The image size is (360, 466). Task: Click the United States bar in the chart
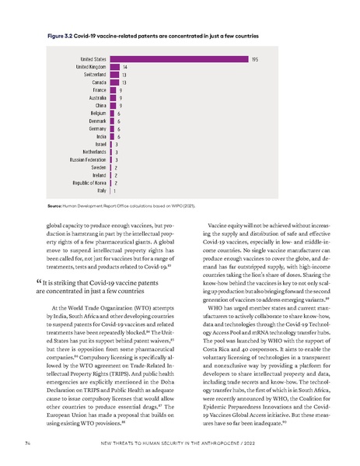tap(178, 59)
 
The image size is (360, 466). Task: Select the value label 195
tap(254, 59)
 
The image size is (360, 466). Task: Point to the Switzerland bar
tap(114, 75)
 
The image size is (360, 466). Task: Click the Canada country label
tap(100, 82)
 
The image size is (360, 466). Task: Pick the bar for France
tap(113, 90)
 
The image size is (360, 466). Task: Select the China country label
tap(102, 105)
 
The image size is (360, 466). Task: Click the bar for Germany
tap(112, 128)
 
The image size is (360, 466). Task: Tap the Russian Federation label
tap(88, 159)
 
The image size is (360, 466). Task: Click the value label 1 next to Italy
tap(116, 190)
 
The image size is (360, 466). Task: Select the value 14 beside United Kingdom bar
tap(125, 67)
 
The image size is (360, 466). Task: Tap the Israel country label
tap(101, 144)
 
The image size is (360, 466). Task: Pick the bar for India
tap(112, 136)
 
